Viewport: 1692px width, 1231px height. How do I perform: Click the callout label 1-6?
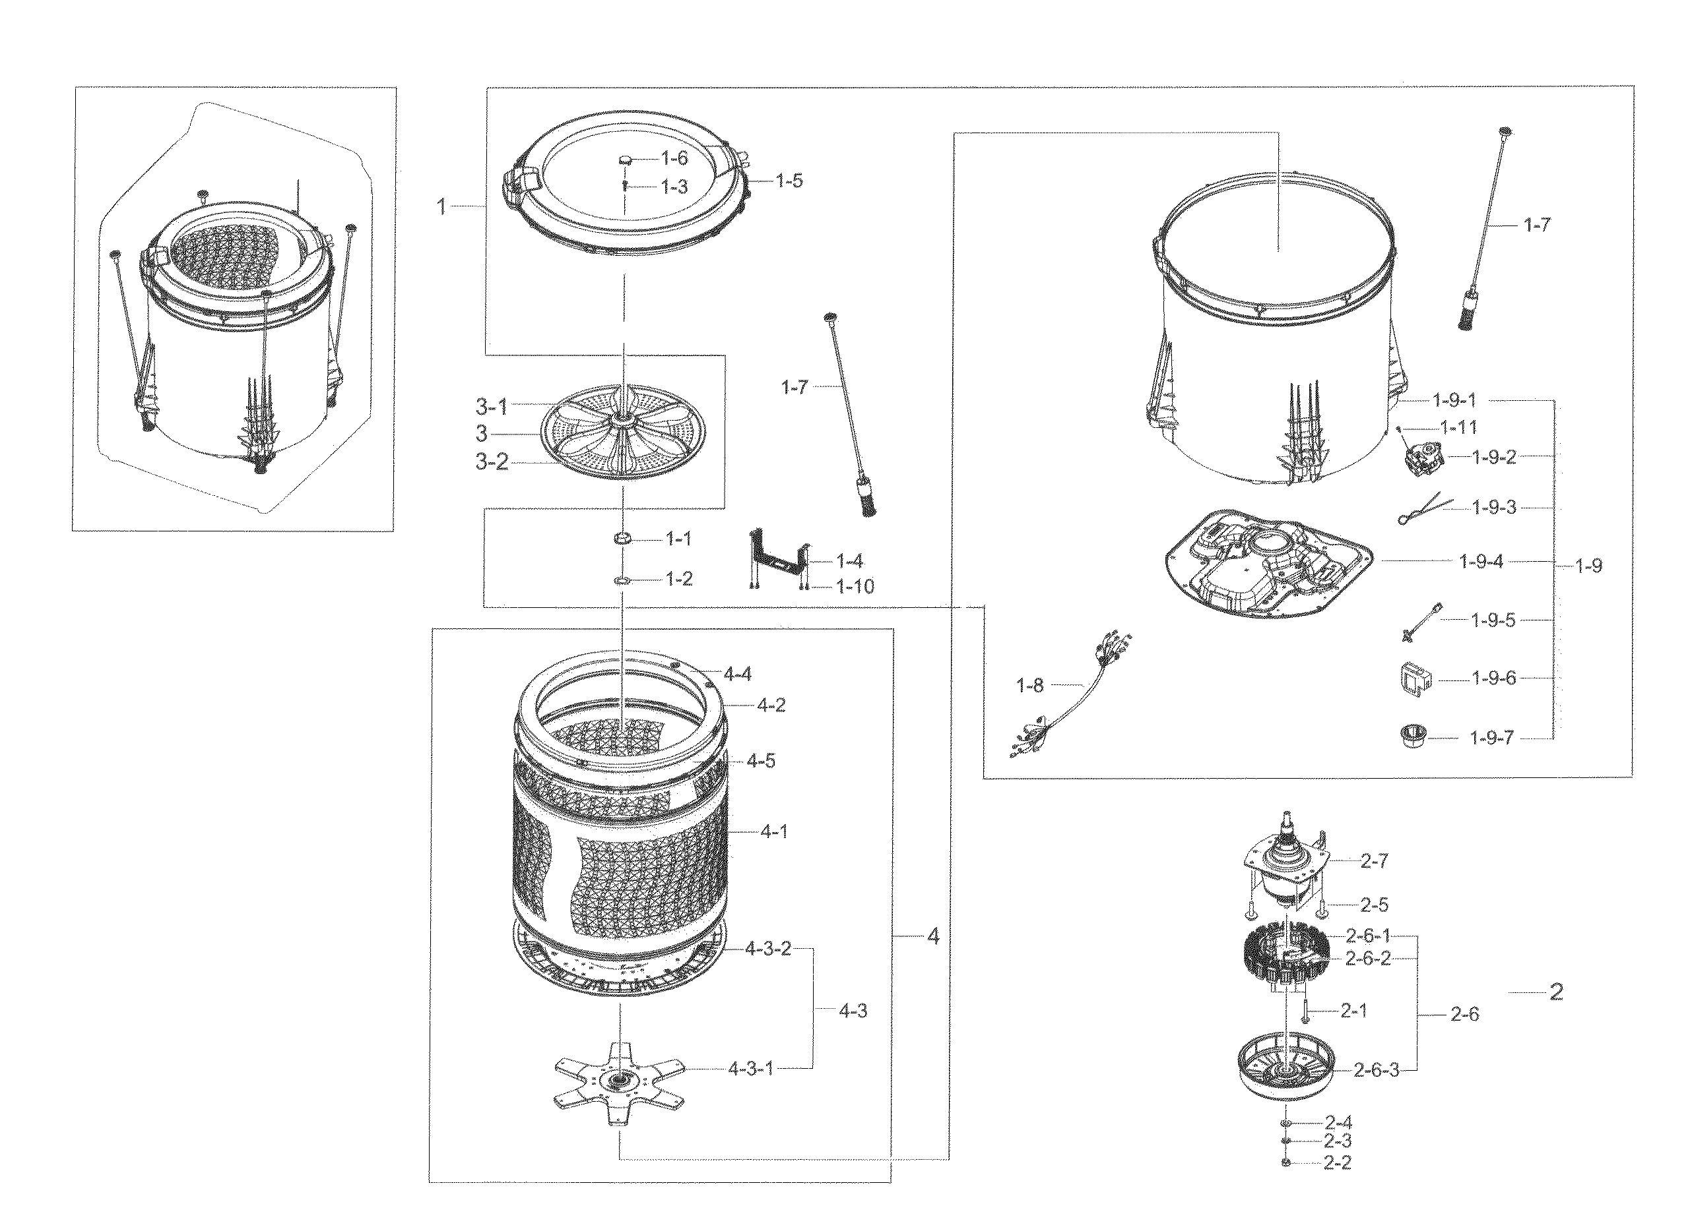tap(674, 158)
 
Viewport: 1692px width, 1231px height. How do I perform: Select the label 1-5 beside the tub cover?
tap(789, 181)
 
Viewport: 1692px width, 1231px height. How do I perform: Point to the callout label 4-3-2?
tap(767, 950)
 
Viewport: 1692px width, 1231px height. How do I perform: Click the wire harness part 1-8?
tap(1073, 694)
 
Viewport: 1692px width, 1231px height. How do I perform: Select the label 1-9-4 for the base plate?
tap(1481, 562)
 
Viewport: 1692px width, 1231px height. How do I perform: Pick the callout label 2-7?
tap(1374, 861)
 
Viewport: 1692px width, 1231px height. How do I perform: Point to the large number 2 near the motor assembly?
tap(1556, 992)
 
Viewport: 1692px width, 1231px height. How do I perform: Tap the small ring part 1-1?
tap(623, 538)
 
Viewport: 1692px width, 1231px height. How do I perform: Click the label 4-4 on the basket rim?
tap(737, 675)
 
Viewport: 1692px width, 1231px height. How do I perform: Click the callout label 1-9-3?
tap(1493, 508)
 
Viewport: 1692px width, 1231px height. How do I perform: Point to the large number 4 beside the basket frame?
tap(932, 936)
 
